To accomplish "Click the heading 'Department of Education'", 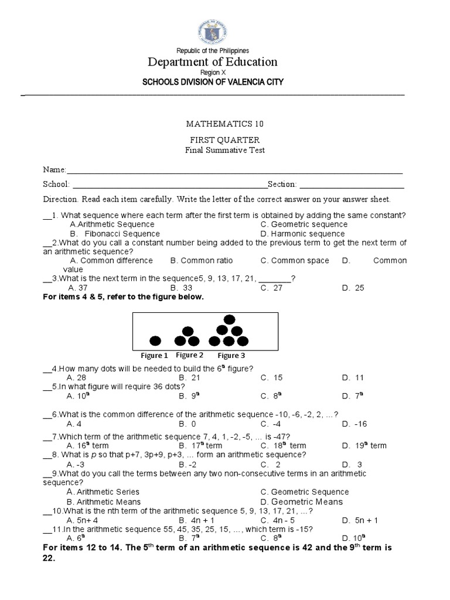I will (x=213, y=62).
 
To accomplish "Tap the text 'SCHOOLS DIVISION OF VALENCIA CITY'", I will (x=213, y=82).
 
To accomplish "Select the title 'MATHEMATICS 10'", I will (x=221, y=124).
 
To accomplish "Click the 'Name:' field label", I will (x=54, y=169).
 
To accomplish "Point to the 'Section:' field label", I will (x=282, y=184).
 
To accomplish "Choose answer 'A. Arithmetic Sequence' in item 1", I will (x=111, y=224).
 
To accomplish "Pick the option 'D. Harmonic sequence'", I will (x=302, y=234).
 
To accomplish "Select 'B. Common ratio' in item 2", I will (x=202, y=261).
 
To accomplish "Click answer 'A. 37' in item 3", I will (x=77, y=288).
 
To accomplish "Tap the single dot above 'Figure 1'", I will (x=155, y=340).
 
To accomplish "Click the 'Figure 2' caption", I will (x=190, y=355).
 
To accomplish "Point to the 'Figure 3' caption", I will (x=231, y=355).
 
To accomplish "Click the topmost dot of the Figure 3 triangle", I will (x=230, y=319).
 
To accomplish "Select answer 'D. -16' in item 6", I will (x=355, y=424).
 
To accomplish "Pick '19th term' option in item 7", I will (x=364, y=446).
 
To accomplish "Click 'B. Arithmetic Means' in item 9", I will (x=103, y=502).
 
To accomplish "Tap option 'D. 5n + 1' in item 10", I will (x=360, y=520).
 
